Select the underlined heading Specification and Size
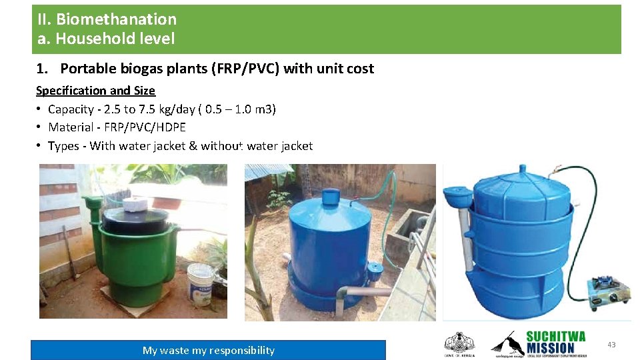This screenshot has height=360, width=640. [x=95, y=91]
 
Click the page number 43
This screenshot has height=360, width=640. [x=611, y=345]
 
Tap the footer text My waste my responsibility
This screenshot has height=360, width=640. [x=208, y=351]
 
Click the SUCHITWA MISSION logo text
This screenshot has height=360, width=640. [x=555, y=342]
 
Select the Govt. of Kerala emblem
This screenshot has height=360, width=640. [x=459, y=343]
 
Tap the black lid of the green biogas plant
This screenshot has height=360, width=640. [x=137, y=219]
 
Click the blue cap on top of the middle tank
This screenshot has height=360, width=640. [x=331, y=196]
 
